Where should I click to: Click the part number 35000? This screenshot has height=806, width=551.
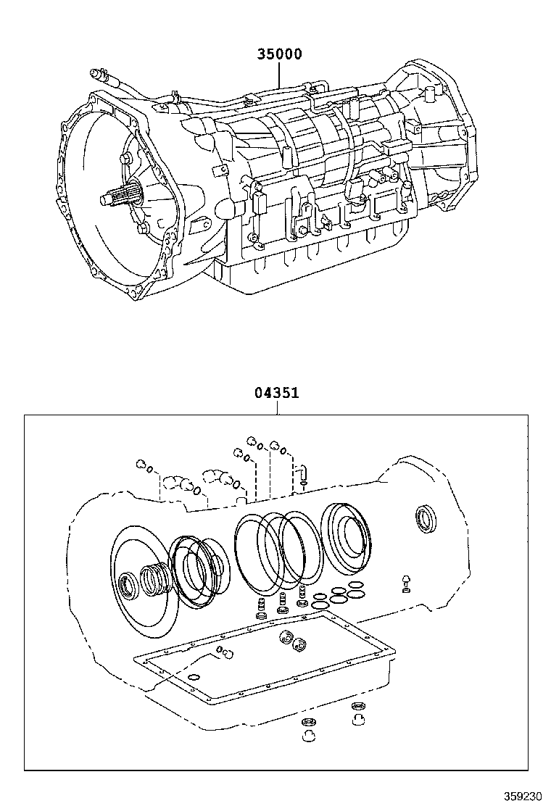point(278,54)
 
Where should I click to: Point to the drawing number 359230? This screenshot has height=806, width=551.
point(522,794)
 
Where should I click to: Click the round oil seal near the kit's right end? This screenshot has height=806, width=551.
point(425,519)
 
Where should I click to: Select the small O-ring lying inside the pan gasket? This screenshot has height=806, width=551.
point(194,678)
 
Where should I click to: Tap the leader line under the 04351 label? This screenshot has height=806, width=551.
point(277,408)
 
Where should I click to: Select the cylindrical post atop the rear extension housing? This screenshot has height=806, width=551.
point(428,94)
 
